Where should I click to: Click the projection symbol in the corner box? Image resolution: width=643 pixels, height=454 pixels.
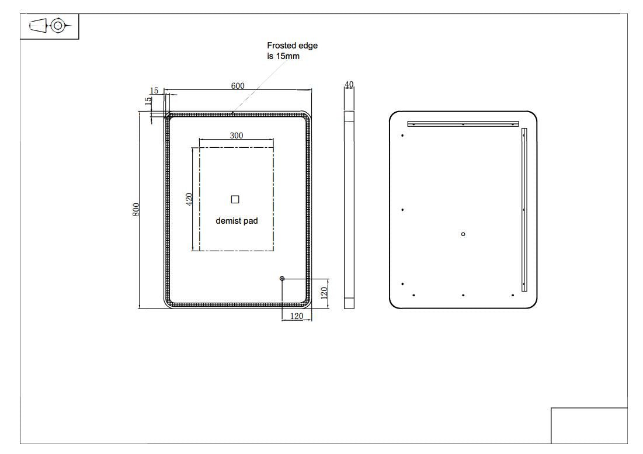(x=50, y=26)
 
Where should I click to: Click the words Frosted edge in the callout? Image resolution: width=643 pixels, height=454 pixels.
(x=292, y=46)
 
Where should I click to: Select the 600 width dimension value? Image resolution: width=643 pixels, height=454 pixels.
(x=238, y=86)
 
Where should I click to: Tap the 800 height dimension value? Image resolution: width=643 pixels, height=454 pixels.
(x=136, y=210)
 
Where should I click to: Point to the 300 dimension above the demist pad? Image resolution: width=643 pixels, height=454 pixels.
(x=237, y=136)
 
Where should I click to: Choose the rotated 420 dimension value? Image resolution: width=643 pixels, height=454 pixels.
(x=189, y=199)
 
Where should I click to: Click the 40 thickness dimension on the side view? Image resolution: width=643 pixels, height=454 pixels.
(x=349, y=85)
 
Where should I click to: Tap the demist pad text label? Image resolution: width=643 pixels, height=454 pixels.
(x=237, y=221)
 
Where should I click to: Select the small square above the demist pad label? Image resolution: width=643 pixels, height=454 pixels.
(x=235, y=199)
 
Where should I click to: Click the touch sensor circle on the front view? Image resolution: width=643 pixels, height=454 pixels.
(x=283, y=279)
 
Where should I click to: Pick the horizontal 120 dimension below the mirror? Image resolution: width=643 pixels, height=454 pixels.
(x=297, y=316)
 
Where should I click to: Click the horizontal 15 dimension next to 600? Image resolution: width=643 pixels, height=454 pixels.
(x=154, y=91)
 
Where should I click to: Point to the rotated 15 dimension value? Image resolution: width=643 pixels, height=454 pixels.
(x=148, y=99)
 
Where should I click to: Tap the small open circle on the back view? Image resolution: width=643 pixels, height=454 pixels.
(x=463, y=234)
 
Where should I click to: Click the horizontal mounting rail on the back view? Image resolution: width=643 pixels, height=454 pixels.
(x=463, y=124)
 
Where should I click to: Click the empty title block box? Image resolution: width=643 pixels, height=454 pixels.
(x=589, y=425)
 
